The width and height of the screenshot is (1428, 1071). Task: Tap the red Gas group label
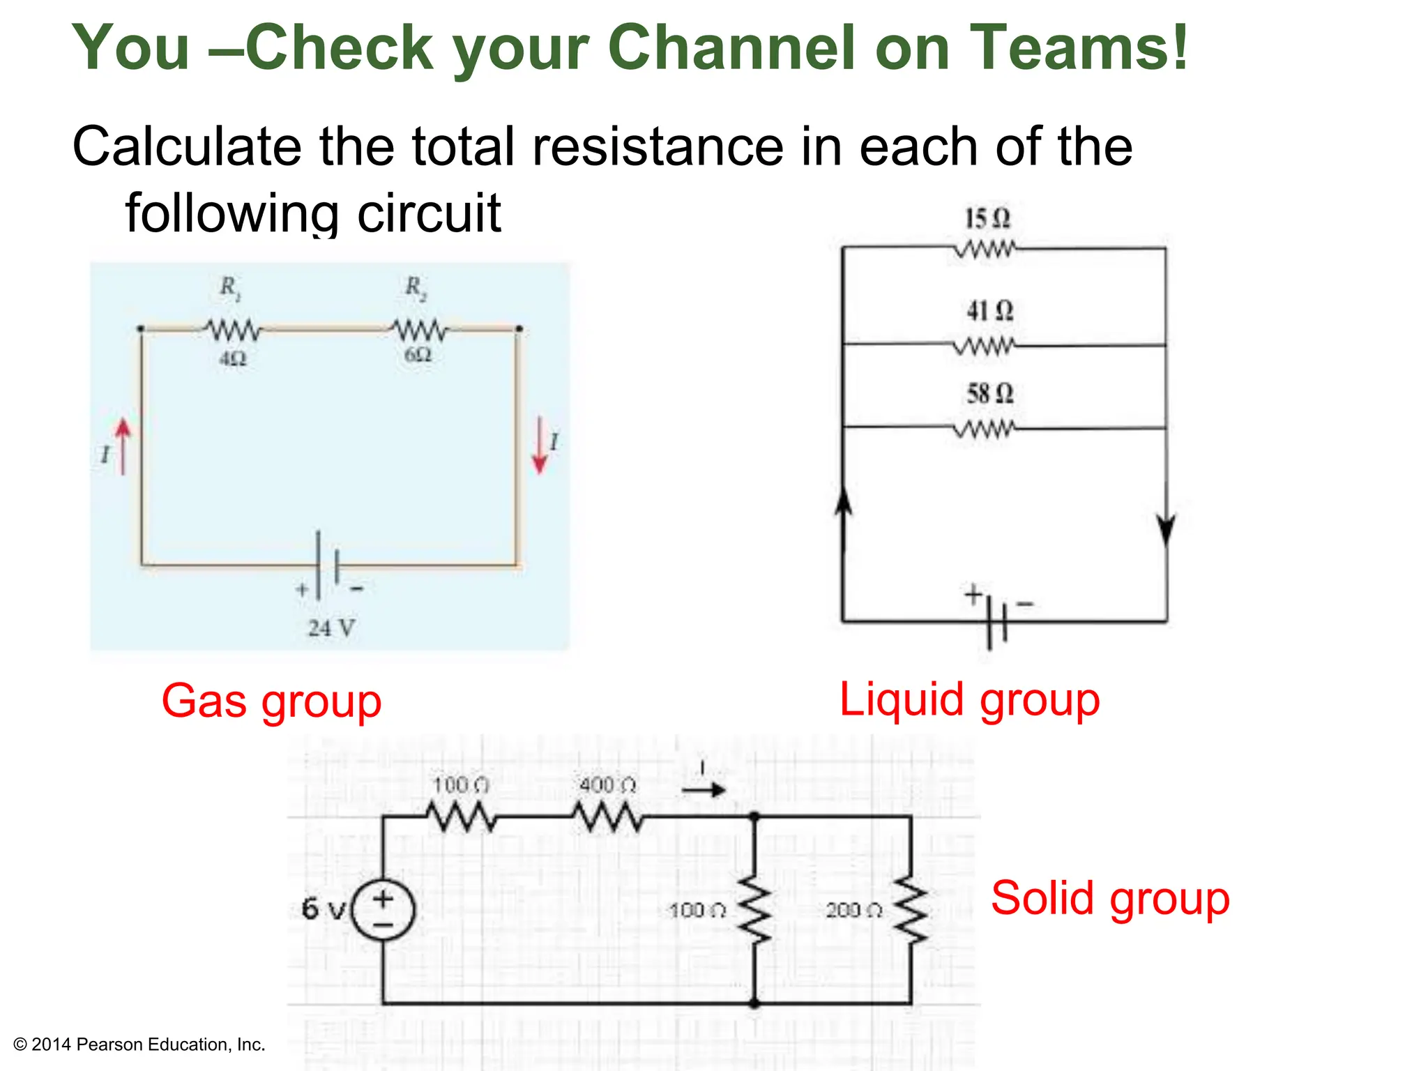(x=271, y=701)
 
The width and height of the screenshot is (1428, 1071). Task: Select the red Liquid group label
(x=969, y=699)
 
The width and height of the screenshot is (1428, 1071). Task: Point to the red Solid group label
(x=1110, y=898)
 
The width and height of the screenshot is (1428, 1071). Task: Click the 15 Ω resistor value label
(x=987, y=219)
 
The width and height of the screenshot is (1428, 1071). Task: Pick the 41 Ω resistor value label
(x=989, y=311)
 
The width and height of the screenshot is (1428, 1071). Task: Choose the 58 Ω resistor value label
(x=989, y=394)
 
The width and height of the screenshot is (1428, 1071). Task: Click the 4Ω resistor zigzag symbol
(x=233, y=329)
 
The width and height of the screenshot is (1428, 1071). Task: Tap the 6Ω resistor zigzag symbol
(x=419, y=329)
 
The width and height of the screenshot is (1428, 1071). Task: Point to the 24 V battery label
(x=331, y=628)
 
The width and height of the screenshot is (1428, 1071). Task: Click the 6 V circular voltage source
(x=383, y=911)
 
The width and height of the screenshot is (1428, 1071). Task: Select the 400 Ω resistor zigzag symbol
(x=608, y=816)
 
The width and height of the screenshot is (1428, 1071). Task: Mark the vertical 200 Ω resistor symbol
(x=911, y=910)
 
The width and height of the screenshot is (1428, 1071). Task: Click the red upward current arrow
(x=123, y=446)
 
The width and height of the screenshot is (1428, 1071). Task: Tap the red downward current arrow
(x=539, y=445)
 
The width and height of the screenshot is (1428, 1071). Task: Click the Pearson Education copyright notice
(x=139, y=1045)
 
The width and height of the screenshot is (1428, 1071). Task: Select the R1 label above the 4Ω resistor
(x=229, y=287)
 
